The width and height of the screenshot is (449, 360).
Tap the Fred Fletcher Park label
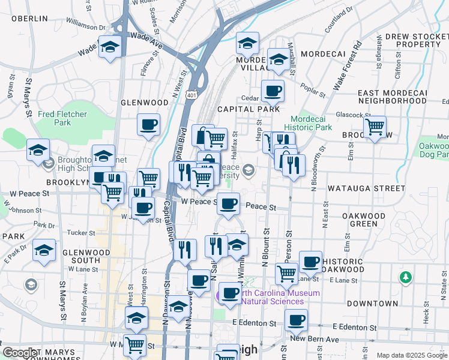point(62,118)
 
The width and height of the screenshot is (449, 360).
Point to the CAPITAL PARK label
point(249,109)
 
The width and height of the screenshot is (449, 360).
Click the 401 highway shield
point(191,95)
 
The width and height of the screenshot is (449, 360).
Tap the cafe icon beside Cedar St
point(273,91)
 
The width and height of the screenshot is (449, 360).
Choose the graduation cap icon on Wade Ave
point(110,47)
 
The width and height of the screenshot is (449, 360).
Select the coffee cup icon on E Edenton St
point(295,320)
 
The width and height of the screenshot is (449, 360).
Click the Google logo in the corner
point(20,353)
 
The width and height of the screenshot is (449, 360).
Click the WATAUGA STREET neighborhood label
point(366,188)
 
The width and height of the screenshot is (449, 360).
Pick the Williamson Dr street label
point(85,23)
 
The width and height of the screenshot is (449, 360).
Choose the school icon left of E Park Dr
point(44,250)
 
